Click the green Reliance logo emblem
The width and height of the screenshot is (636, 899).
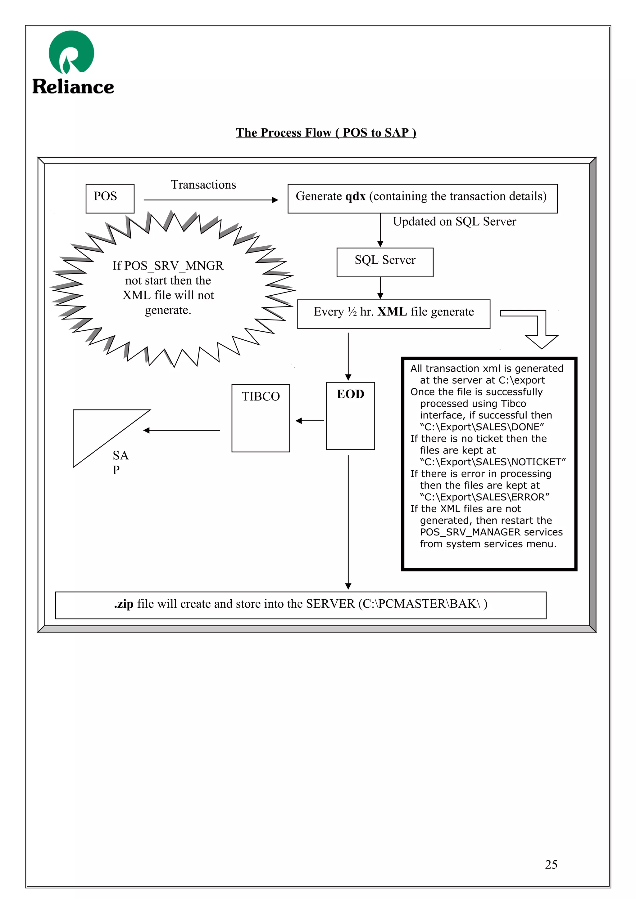pos(71,52)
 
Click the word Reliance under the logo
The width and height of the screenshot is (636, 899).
pos(73,87)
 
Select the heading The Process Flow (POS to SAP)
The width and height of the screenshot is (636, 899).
pos(326,133)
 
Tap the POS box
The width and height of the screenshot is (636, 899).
pos(110,198)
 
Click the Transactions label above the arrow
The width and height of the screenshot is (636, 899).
pos(203,184)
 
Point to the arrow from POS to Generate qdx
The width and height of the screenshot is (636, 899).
pos(211,200)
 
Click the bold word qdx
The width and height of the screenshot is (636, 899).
pos(355,196)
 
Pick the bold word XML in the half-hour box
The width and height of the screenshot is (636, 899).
pos(392,312)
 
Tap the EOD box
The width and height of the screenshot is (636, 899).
pos(350,415)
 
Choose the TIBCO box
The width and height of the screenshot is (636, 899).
pos(261,418)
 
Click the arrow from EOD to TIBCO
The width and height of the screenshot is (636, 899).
pos(310,421)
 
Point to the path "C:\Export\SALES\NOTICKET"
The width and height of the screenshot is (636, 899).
pos(493,462)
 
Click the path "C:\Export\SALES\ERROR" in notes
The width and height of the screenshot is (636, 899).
pos(484,497)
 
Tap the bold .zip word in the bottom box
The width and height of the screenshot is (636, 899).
pos(124,604)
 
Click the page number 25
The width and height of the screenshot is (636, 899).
pos(551,864)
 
